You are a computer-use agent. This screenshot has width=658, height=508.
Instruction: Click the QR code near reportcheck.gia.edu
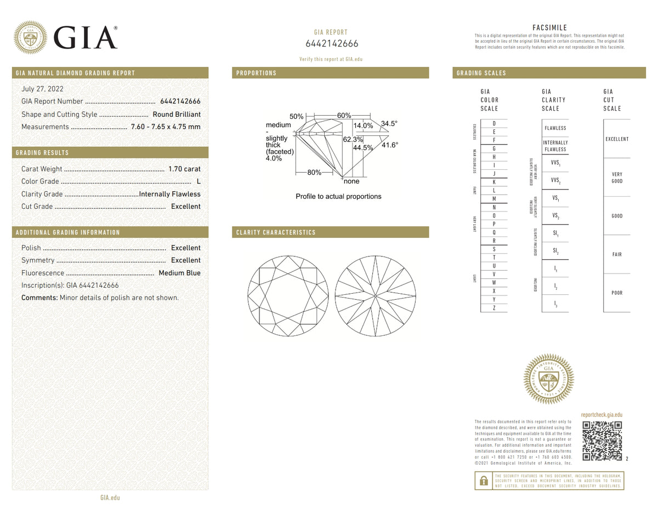point(602,441)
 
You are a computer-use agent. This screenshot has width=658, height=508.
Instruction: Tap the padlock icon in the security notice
point(483,481)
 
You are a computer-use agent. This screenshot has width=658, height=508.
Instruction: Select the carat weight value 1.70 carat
point(185,169)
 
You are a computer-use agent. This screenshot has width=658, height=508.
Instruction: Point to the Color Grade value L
point(198,181)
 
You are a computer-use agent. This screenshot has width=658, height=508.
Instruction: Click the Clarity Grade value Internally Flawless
point(170,194)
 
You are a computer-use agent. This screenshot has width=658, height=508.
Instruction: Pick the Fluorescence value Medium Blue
point(179,273)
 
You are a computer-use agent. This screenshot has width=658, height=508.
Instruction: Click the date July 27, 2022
point(42,89)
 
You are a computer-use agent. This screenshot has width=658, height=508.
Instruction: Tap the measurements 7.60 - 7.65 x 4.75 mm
point(166,127)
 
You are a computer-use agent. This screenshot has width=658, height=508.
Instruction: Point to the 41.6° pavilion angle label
point(390,145)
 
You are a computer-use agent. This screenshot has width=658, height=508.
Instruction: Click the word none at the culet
point(351,181)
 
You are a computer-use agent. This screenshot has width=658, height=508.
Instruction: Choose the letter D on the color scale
point(494,123)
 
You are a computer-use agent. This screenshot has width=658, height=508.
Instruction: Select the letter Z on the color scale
point(494,309)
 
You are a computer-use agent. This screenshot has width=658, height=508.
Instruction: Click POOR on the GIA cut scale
point(617,293)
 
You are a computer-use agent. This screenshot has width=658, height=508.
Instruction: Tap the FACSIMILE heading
point(549,28)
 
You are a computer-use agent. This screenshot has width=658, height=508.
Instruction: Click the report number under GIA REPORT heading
point(331,44)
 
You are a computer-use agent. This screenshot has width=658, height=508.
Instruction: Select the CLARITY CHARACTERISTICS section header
point(276,232)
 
